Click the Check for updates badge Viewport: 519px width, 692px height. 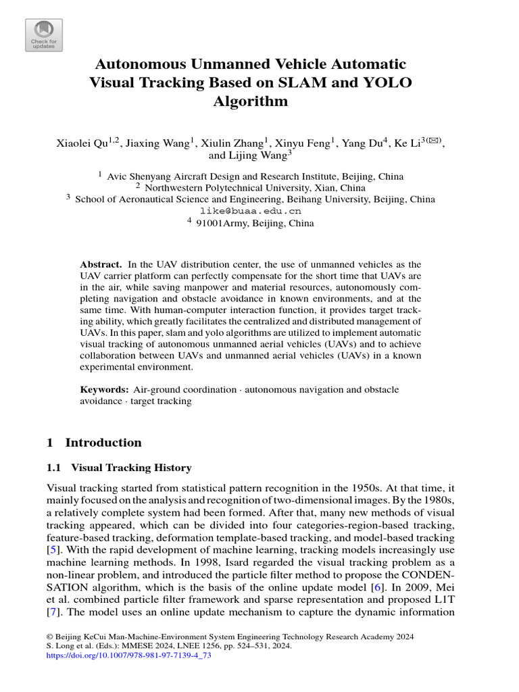(44, 34)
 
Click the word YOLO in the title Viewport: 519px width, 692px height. (389, 83)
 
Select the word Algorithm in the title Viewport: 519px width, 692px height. (250, 102)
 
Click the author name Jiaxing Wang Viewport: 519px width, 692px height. (144, 143)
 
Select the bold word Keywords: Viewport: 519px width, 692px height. (104, 390)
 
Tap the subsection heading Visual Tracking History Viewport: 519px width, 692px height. (131, 468)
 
